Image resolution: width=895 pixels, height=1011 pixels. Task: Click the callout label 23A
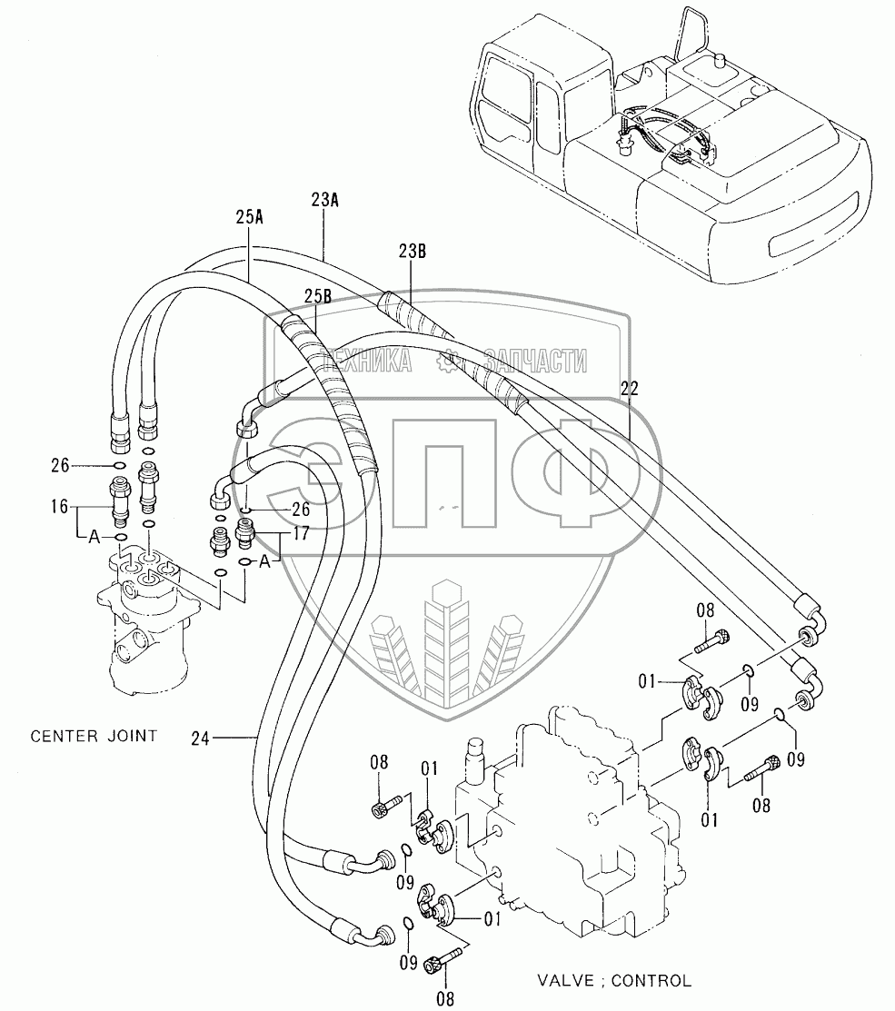(324, 200)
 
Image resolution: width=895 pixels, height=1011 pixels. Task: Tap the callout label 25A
(249, 217)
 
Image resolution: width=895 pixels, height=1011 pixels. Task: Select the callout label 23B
(412, 252)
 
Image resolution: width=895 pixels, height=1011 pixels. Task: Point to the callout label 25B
(318, 296)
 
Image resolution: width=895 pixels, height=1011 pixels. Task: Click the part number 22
(630, 388)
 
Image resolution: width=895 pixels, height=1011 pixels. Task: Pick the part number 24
(201, 738)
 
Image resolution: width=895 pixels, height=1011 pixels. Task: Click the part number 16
(59, 507)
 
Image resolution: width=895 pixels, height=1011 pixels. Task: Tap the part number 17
(301, 533)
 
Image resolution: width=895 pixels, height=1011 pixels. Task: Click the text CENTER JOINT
(94, 736)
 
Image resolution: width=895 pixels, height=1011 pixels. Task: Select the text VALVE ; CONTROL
(614, 981)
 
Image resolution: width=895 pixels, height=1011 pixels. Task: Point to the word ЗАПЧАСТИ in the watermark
(536, 362)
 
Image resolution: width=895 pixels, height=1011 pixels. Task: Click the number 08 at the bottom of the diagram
(445, 999)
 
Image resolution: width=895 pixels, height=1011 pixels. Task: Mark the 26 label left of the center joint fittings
(60, 465)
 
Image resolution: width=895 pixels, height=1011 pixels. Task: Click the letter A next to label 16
(94, 537)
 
